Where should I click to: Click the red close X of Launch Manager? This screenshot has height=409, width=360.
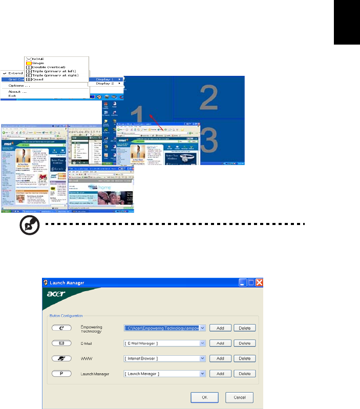(260, 282)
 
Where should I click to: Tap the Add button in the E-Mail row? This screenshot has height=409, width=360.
(220, 343)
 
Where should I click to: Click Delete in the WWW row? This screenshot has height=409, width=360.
(245, 358)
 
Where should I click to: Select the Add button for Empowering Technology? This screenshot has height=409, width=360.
(220, 328)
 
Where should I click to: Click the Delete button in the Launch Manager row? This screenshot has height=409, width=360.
(245, 374)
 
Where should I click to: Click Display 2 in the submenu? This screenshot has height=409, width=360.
(104, 84)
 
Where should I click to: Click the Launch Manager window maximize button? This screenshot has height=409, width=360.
(251, 282)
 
